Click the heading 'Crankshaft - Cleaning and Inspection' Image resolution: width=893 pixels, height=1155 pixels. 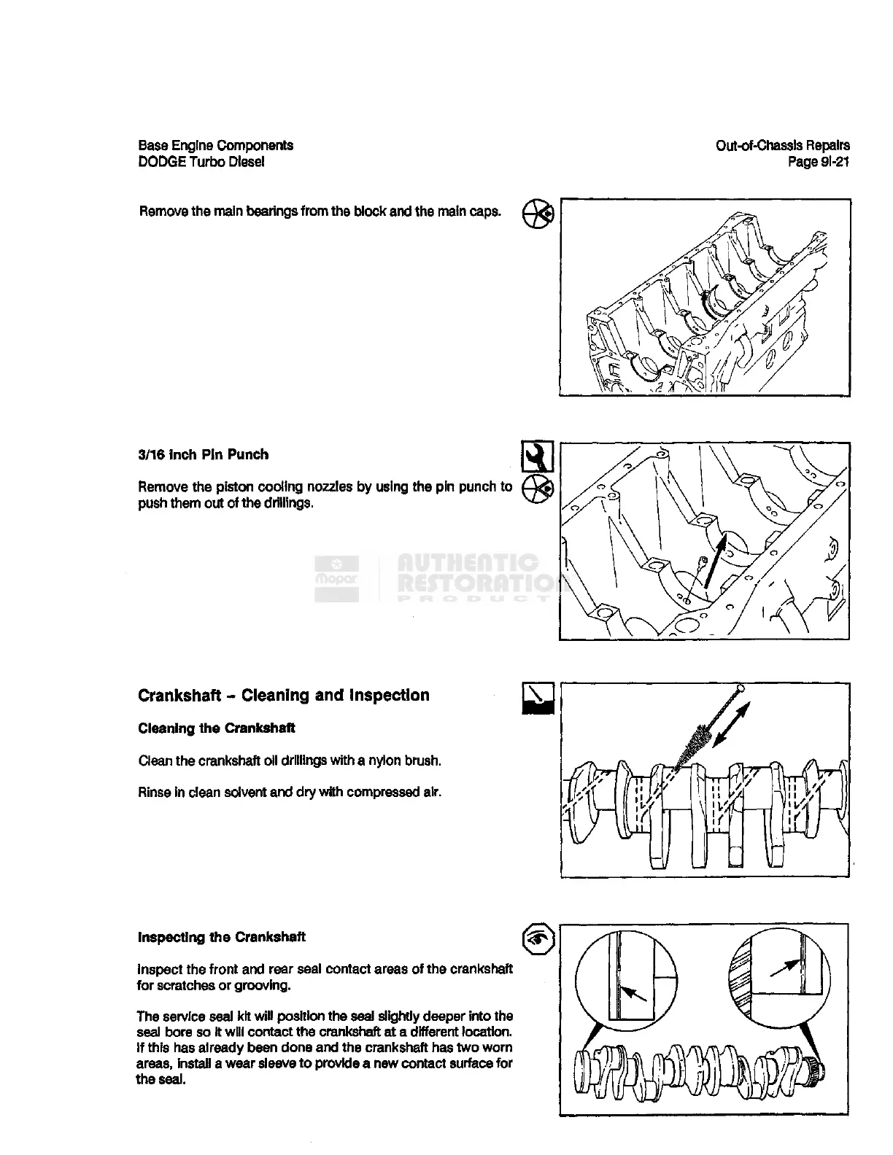pyautogui.click(x=283, y=695)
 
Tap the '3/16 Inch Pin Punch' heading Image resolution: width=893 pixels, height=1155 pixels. pyautogui.click(x=203, y=454)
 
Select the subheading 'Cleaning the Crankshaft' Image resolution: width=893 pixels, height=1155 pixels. pyautogui.click(x=216, y=728)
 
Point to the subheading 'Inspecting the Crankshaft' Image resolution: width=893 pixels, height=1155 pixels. pyautogui.click(x=221, y=937)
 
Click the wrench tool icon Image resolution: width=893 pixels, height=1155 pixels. pyautogui.click(x=538, y=456)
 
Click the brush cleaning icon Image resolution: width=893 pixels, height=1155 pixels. pyautogui.click(x=538, y=699)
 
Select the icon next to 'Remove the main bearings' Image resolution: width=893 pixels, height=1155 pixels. pyautogui.click(x=538, y=213)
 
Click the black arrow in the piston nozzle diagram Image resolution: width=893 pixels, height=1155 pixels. pyautogui.click(x=716, y=561)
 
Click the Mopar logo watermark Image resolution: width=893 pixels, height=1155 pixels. pyautogui.click(x=336, y=577)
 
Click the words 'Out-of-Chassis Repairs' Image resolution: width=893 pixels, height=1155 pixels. pyautogui.click(x=782, y=145)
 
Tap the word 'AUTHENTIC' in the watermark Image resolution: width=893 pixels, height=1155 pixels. pyautogui.click(x=467, y=561)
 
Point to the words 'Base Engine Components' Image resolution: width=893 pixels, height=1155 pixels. pyautogui.click(x=215, y=145)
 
